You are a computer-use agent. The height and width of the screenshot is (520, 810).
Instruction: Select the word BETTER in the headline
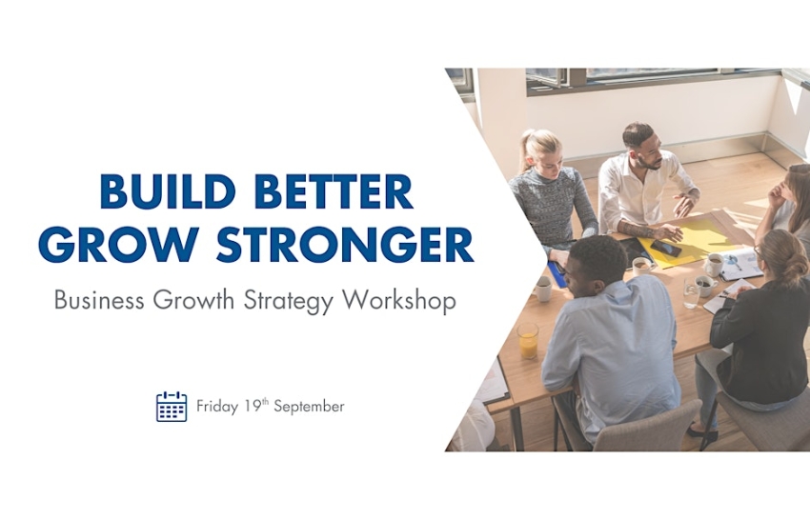coord(335,191)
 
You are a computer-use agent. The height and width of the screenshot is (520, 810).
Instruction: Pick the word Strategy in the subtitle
coord(287,301)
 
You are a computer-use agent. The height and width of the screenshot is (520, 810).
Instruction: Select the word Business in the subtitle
coord(99,301)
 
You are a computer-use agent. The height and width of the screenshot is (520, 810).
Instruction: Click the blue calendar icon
coord(172,407)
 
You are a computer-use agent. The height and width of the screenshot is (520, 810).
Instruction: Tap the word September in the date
coord(309,407)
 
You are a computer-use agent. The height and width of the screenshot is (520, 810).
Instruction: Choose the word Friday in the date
coord(216,407)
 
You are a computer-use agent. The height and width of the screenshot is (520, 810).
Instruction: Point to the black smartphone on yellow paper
coord(665,249)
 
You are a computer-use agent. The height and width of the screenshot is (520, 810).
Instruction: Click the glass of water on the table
coord(691,296)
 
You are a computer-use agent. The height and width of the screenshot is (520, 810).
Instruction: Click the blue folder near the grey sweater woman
coord(558,275)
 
